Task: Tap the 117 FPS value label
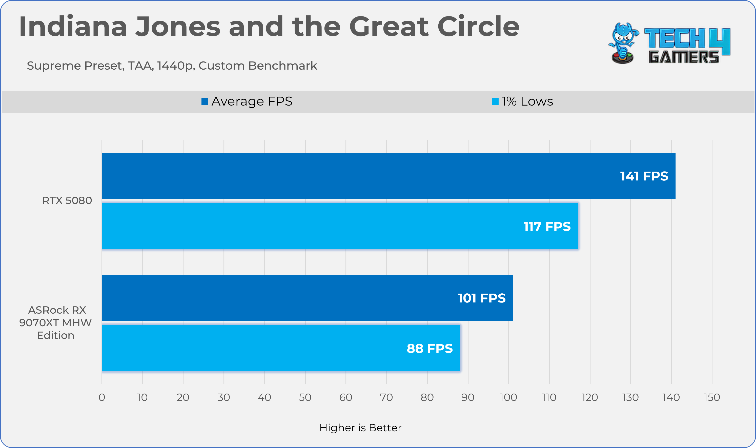(547, 227)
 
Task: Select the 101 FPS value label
(481, 298)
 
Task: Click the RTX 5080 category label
(67, 200)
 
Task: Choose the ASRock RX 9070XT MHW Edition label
(55, 323)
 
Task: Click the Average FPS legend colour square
(205, 102)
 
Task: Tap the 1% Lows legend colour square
(495, 102)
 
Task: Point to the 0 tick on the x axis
(102, 397)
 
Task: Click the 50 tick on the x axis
(305, 397)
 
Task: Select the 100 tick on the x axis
(508, 397)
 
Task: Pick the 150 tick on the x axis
(712, 397)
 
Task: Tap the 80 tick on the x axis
(427, 397)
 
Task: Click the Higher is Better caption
(360, 428)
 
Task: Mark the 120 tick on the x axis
(590, 397)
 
